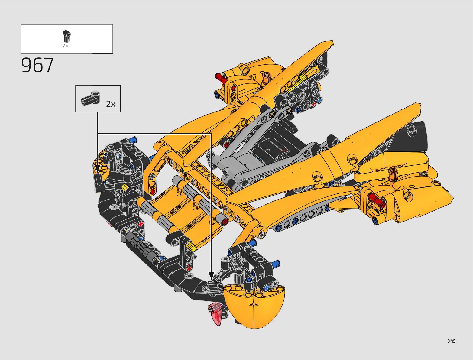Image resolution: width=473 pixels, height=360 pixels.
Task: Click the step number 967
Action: [37, 65]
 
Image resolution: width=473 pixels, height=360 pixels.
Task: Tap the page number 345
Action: [451, 341]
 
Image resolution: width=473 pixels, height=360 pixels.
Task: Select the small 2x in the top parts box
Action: [65, 45]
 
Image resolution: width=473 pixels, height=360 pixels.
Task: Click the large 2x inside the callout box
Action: [111, 104]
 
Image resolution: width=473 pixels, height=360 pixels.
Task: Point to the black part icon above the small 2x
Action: [66, 36]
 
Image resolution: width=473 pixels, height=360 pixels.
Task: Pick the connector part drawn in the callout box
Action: [90, 99]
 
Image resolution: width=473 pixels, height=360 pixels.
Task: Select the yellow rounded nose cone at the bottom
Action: [254, 306]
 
